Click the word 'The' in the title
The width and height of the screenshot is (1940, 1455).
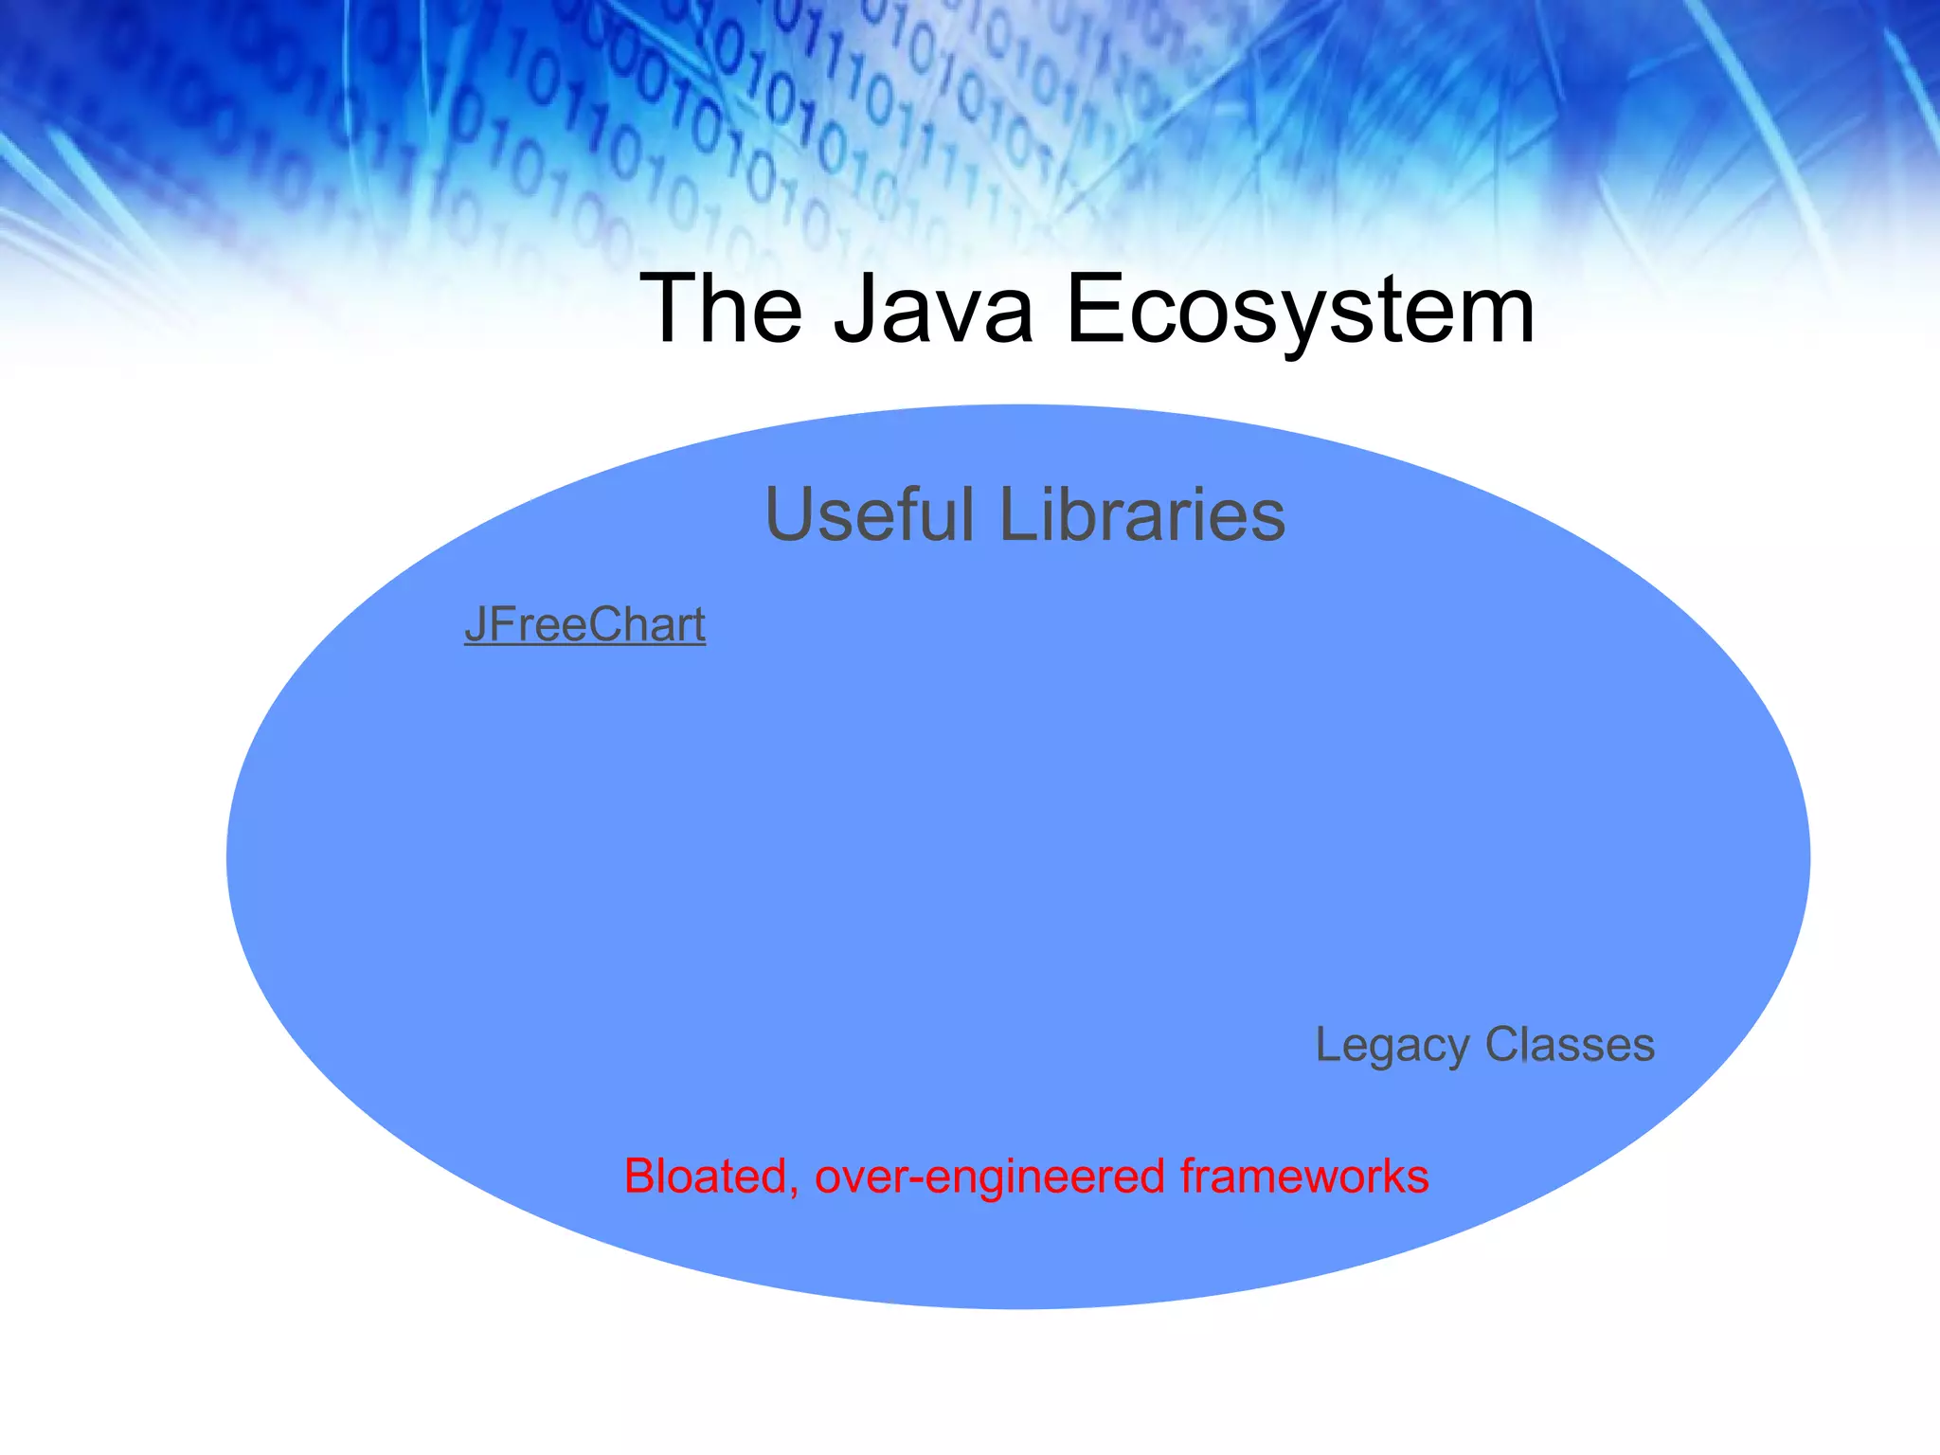[722, 309]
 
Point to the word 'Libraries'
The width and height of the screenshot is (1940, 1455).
[1142, 514]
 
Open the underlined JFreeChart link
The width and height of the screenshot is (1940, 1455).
[584, 625]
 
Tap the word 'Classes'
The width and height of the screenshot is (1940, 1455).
[1570, 1045]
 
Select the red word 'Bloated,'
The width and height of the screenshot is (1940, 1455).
[711, 1177]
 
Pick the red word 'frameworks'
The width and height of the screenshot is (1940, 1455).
[1304, 1177]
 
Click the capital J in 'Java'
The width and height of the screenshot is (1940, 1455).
[855, 309]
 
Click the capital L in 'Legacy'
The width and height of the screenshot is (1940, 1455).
[1328, 1045]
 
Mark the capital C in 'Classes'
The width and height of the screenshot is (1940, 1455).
[1504, 1045]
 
